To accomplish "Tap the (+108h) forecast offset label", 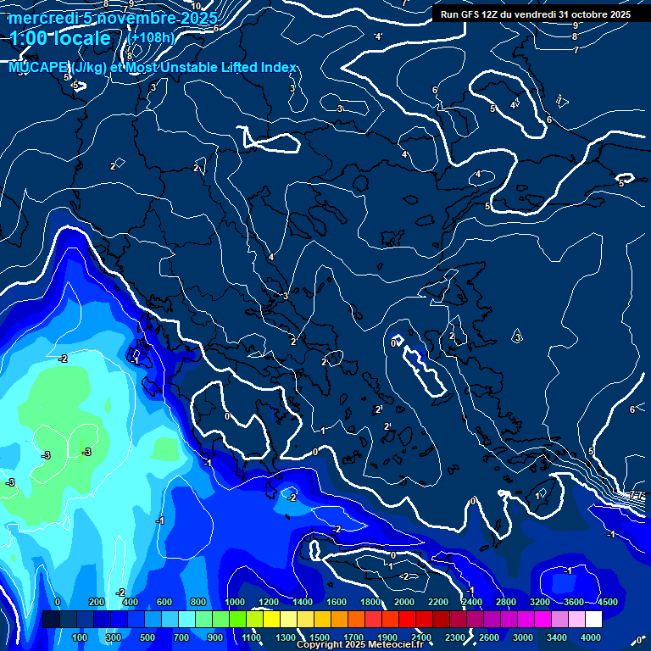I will point(150,38).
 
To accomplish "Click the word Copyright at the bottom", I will point(319,645).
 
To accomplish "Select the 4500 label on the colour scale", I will point(607,602).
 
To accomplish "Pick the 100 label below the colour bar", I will point(81,637).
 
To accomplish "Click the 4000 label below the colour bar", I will point(591,637).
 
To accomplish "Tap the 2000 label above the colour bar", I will point(403,602).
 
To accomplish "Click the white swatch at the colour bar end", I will point(593,620).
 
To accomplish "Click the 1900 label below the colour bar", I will point(387,637).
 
